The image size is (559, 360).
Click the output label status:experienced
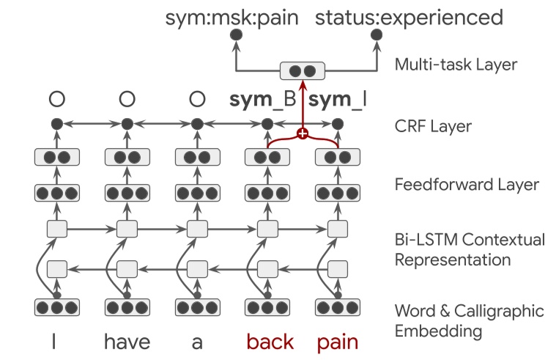click(x=409, y=17)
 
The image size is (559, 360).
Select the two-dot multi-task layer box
click(x=301, y=71)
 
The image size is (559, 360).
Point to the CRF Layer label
click(x=430, y=126)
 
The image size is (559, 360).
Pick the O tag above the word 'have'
click(x=127, y=99)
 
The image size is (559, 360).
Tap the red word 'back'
click(x=270, y=341)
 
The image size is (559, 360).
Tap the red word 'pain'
click(x=339, y=341)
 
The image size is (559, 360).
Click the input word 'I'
click(x=56, y=341)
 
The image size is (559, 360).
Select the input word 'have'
click(x=127, y=341)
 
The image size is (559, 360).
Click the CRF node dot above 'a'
click(x=196, y=124)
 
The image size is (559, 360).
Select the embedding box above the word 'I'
click(x=56, y=307)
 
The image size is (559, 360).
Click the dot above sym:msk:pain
click(x=234, y=35)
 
